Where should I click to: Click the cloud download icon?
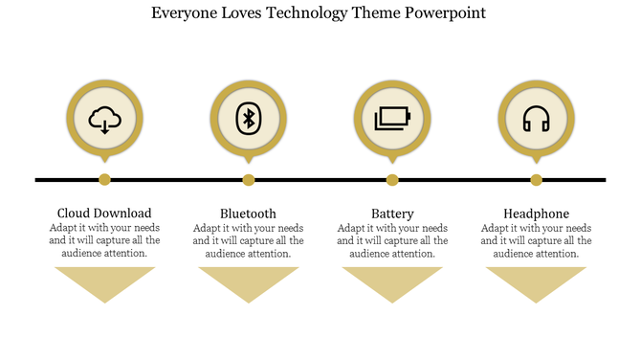pos(105,121)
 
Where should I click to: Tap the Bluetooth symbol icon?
pos(249,120)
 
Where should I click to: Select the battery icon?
pos(392,120)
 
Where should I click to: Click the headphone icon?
pos(536,121)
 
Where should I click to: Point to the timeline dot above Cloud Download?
pos(105,179)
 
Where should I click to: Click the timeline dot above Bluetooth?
pos(249,179)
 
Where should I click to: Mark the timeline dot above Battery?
pos(392,179)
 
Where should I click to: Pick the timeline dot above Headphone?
pos(536,179)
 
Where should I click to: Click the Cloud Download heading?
pos(104,213)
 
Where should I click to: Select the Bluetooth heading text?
pos(248,213)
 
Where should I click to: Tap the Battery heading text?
pos(392,213)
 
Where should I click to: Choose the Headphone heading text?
pos(536,213)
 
